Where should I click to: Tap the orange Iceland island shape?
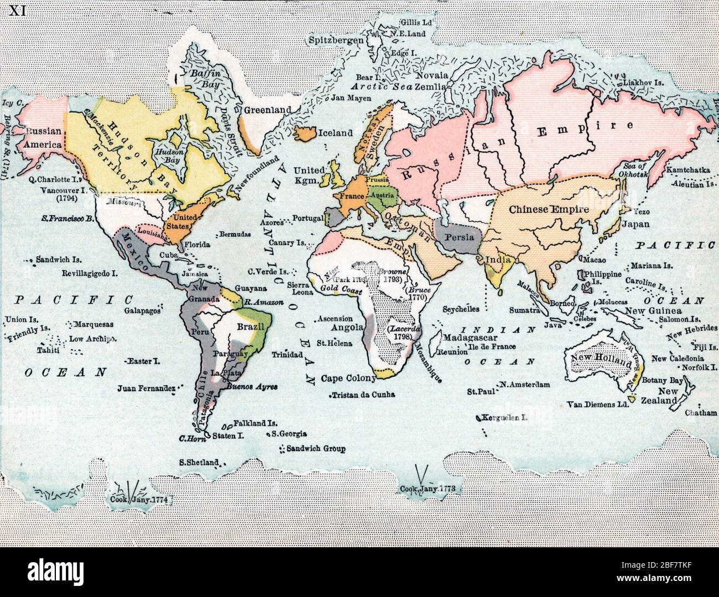point(304,133)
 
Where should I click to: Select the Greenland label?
point(268,110)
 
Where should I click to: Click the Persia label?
point(458,237)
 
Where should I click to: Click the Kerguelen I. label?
point(505,418)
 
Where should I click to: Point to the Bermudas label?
point(235,234)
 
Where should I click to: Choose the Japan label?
point(635,225)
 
